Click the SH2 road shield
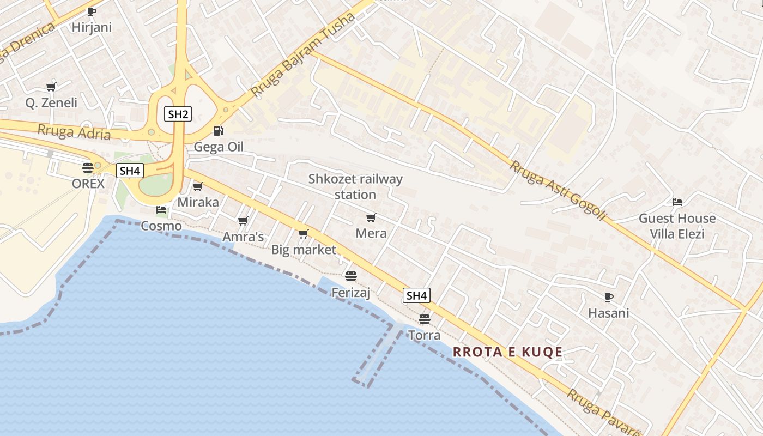click(178, 114)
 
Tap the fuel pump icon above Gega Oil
click(218, 130)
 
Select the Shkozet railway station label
click(355, 186)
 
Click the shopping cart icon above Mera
click(371, 217)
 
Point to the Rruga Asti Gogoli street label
click(557, 190)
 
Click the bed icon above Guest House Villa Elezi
click(677, 202)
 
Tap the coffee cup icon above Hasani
click(608, 297)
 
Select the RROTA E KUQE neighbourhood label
click(507, 352)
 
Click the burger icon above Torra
click(425, 319)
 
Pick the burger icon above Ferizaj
click(350, 276)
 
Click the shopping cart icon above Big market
click(304, 234)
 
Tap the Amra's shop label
click(243, 237)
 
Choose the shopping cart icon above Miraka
click(198, 186)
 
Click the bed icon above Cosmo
click(161, 209)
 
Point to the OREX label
click(88, 184)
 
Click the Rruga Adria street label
click(74, 132)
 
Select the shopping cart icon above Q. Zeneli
click(51, 86)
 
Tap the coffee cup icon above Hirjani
click(91, 11)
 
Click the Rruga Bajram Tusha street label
click(304, 55)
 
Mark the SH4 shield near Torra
click(416, 295)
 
